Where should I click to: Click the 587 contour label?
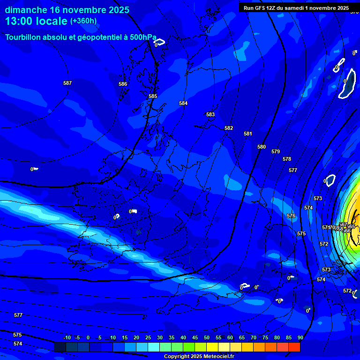coord(67,83)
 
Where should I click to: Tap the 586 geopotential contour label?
coord(123,84)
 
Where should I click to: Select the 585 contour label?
coord(153,96)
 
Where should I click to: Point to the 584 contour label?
coord(183,103)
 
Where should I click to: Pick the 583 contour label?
coord(210,114)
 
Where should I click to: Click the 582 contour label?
coord(229,128)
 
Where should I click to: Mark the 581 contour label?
coord(248,134)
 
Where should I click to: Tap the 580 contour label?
coord(262,147)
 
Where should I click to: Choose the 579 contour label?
coord(276,151)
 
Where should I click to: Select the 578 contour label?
coord(287,159)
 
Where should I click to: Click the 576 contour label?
coord(291,216)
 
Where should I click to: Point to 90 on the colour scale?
coord(300,337)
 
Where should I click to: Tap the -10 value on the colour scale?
coord(67,337)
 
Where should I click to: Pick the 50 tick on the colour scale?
coord(207,337)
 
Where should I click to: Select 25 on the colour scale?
coord(148,337)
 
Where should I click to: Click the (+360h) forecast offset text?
coord(83,21)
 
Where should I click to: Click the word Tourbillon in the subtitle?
coord(25,37)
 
